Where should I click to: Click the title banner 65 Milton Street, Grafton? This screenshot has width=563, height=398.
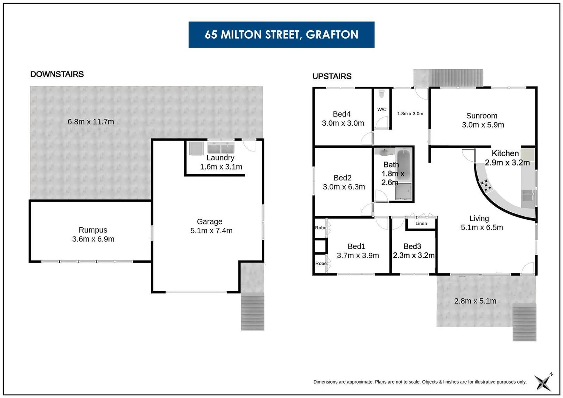[281, 35]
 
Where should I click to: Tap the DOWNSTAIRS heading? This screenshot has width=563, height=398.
[57, 74]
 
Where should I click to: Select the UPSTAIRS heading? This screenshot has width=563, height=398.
[332, 76]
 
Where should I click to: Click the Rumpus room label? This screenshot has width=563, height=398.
[93, 230]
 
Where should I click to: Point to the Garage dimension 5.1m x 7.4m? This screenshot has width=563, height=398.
[211, 231]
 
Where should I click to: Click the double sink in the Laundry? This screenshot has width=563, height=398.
[220, 148]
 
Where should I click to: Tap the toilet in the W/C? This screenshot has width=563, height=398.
[382, 94]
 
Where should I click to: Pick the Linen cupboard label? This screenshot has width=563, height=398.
[421, 223]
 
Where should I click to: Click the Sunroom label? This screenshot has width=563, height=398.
[482, 116]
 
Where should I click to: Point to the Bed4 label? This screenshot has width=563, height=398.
[341, 114]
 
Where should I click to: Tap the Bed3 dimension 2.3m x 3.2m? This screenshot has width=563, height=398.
[414, 255]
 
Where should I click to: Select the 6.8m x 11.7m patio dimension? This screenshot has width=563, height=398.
[91, 122]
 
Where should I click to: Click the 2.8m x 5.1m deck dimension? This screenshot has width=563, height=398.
[475, 301]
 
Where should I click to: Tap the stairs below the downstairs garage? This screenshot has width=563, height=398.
[253, 311]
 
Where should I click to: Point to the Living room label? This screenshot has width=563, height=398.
[479, 219]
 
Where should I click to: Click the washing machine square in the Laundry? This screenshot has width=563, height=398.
[196, 148]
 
